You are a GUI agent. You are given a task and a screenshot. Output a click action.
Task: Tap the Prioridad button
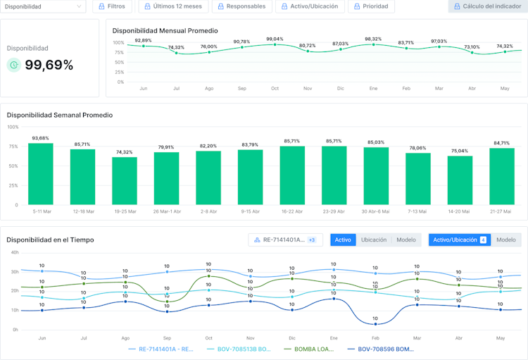point(370,6)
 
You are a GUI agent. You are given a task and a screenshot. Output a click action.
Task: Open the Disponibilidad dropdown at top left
point(43,6)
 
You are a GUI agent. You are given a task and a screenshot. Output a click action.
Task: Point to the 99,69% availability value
point(49,66)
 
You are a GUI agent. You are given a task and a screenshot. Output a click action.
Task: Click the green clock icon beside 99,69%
point(13,66)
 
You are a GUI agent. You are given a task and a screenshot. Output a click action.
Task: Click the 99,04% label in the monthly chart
point(275,39)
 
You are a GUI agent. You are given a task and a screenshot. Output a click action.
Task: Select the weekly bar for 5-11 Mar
point(40,174)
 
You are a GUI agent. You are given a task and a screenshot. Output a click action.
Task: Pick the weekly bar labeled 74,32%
point(124,180)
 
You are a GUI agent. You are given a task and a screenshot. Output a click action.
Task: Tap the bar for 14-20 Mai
point(459,180)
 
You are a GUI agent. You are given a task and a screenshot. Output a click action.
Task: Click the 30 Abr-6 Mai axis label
point(375,211)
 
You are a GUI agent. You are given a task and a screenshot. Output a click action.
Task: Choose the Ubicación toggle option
point(374,240)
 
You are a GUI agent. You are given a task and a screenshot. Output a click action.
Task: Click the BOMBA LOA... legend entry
point(310,349)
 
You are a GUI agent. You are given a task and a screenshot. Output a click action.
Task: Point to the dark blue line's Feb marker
point(375,323)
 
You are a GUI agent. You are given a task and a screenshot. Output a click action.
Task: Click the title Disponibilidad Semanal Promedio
point(59,115)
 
